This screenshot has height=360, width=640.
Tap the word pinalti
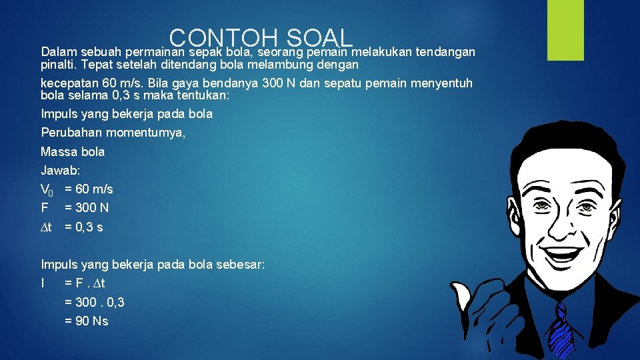[x=59, y=65]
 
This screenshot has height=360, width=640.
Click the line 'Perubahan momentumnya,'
[x=113, y=133]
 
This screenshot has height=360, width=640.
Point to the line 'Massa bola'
[x=73, y=151]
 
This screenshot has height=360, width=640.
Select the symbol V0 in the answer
[x=47, y=189]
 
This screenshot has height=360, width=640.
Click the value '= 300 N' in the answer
[x=87, y=208]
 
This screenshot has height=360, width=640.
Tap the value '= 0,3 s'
[x=84, y=227]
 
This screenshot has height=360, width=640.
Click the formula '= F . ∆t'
[x=85, y=283]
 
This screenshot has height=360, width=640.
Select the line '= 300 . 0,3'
[x=95, y=302]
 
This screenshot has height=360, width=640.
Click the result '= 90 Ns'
[x=87, y=321]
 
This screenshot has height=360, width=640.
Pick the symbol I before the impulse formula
[x=43, y=283]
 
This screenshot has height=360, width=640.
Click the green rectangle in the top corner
[x=565, y=30]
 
